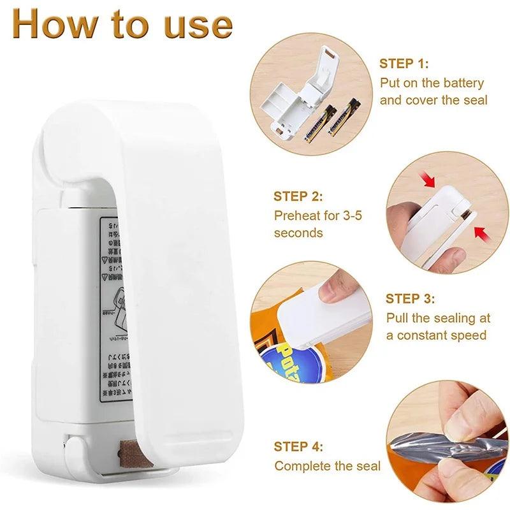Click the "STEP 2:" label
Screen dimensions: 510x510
[x=298, y=196]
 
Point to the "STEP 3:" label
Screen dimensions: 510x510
[x=411, y=298]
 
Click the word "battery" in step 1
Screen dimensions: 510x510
[x=458, y=83]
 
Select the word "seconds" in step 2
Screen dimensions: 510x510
[x=298, y=233]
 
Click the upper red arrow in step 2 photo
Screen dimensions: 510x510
[x=429, y=181]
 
